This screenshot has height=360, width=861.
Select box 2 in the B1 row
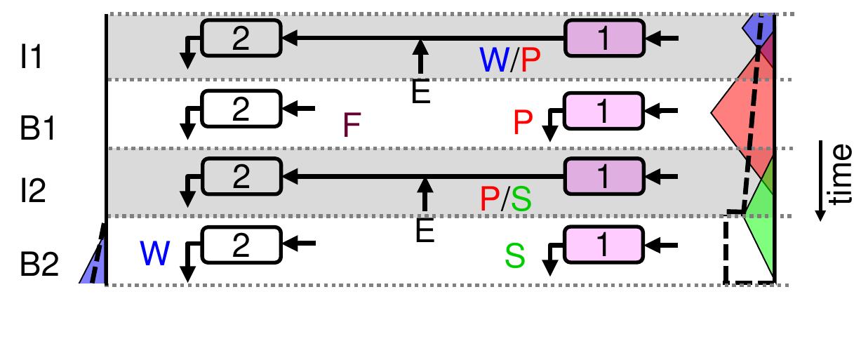point(241,109)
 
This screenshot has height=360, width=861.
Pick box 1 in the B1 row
point(604,109)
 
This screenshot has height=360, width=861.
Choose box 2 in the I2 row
point(241,175)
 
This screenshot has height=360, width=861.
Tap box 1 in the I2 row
point(604,175)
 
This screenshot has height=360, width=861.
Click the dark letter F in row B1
point(352,126)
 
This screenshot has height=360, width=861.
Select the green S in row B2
point(515,257)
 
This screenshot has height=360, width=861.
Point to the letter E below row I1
point(420,93)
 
